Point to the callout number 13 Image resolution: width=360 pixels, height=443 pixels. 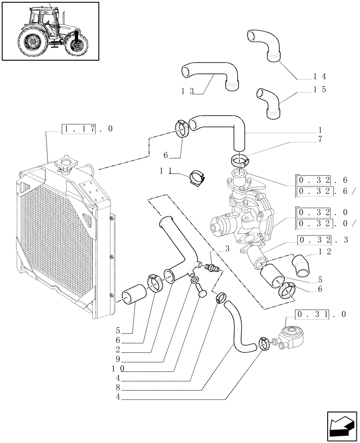(x=188, y=91)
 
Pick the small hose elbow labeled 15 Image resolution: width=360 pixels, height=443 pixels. (x=270, y=102)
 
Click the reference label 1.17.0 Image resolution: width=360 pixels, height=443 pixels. (x=87, y=129)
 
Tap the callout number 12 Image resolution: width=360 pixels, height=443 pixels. (x=325, y=252)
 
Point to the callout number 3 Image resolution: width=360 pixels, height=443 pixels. (x=227, y=249)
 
